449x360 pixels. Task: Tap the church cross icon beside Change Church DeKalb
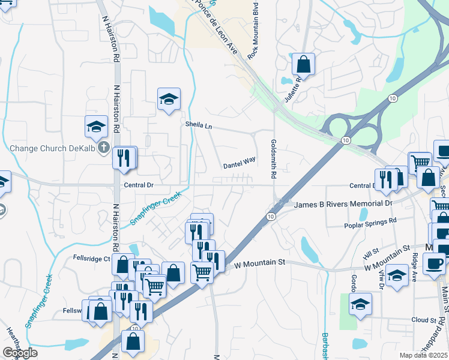pyautogui.click(x=104, y=147)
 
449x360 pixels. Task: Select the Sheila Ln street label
pyautogui.click(x=199, y=125)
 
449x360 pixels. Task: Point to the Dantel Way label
pyautogui.click(x=240, y=163)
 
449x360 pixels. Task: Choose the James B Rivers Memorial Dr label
pyautogui.click(x=343, y=204)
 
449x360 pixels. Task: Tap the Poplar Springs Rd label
pyautogui.click(x=371, y=225)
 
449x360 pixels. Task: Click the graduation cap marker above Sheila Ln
pyautogui.click(x=169, y=99)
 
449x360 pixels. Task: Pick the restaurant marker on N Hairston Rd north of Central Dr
pyautogui.click(x=125, y=158)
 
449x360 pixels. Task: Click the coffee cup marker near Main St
pyautogui.click(x=435, y=263)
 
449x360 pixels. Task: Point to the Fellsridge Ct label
pyautogui.click(x=89, y=259)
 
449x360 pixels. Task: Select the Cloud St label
pyautogui.click(x=424, y=320)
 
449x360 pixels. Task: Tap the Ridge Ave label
pyautogui.click(x=414, y=262)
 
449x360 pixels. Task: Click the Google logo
pyautogui.click(x=20, y=353)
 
